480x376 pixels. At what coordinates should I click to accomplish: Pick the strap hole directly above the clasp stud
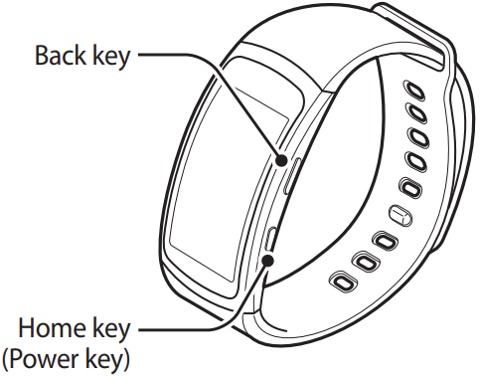click(406, 186)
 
